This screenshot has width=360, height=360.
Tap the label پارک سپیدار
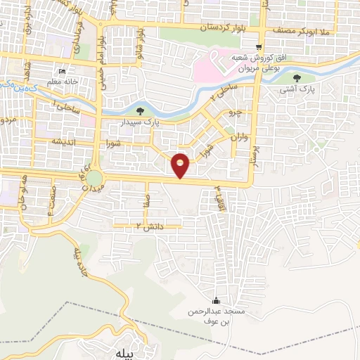140,122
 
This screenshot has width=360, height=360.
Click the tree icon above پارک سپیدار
140,110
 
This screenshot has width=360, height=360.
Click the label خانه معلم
61,82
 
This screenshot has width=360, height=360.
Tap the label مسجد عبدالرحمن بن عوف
216,316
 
